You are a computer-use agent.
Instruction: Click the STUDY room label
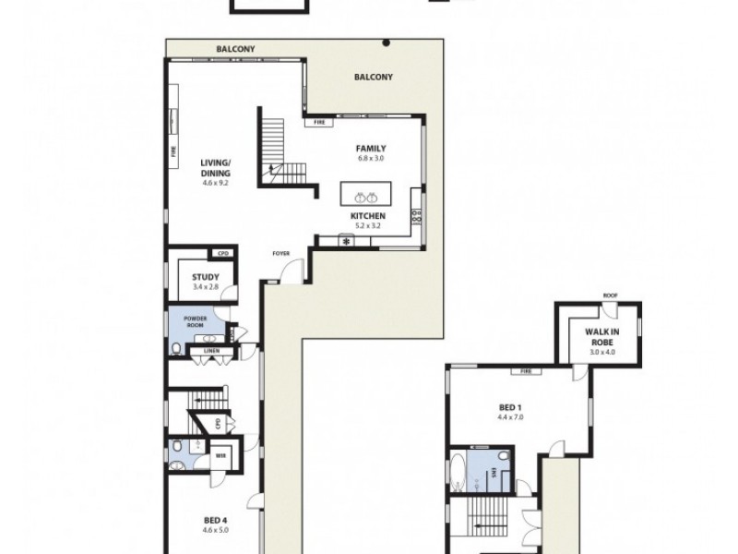[206, 277]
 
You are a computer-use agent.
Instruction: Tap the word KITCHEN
[367, 216]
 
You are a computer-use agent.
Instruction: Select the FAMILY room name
[371, 148]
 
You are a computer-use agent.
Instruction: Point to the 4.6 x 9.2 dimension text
[214, 183]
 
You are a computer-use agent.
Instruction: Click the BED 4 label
[215, 521]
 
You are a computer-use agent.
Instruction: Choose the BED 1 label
[510, 407]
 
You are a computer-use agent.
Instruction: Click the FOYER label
[280, 252]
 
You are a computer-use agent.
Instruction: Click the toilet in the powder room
[176, 348]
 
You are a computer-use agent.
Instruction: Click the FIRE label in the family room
[319, 122]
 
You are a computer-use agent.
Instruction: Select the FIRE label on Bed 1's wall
[526, 371]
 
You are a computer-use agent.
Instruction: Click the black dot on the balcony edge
[387, 42]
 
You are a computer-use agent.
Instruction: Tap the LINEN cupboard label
[210, 350]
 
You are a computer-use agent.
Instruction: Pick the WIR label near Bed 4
[220, 454]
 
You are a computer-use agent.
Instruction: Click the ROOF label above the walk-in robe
[610, 295]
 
